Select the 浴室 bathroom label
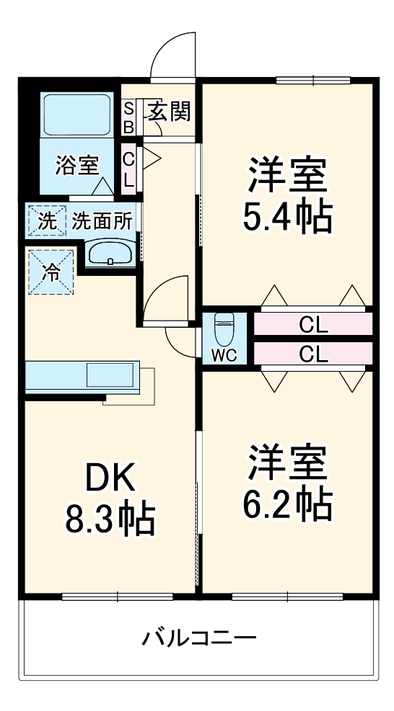77,165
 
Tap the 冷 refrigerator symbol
51,272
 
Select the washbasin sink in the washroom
110,254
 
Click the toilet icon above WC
224,331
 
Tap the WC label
223,354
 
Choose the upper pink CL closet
313,325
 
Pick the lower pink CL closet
313,353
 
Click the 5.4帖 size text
287,215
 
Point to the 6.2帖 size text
287,504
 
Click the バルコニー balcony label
198,638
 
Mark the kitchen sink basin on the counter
110,375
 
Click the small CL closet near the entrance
128,169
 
